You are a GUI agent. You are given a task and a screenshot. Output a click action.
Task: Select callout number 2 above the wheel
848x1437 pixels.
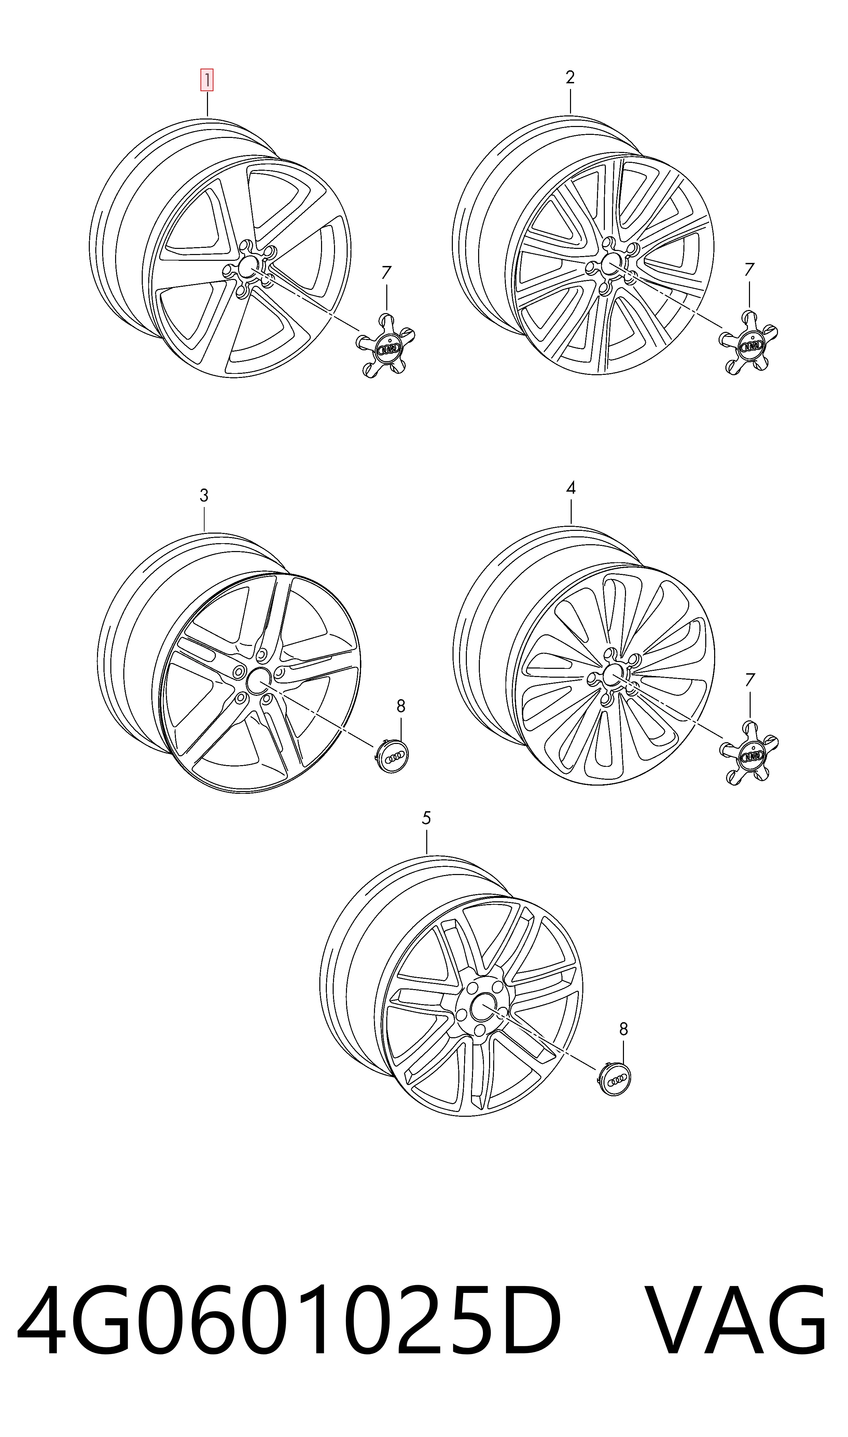tap(570, 78)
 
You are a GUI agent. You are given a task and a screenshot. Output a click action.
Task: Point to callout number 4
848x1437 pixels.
tap(570, 488)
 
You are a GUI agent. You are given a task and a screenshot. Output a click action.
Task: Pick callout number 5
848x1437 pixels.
tap(426, 818)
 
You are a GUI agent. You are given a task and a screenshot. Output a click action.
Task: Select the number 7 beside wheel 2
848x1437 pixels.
tap(749, 270)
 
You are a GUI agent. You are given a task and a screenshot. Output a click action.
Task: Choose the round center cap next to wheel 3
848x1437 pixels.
tap(396, 757)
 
